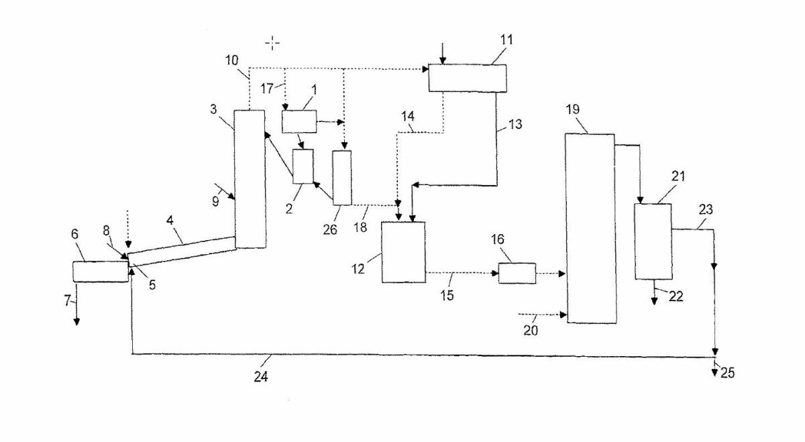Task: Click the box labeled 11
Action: [468, 77]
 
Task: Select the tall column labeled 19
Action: [590, 228]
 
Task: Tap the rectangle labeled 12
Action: [403, 252]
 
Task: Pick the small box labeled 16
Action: [517, 273]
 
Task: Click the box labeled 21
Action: [653, 241]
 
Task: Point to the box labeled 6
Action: [100, 272]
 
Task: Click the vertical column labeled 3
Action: [250, 178]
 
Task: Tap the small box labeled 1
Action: [299, 122]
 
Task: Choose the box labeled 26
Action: [342, 177]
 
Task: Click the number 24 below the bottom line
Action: [261, 378]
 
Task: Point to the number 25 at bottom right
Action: [727, 373]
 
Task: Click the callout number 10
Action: [231, 61]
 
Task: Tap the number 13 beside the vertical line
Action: [515, 125]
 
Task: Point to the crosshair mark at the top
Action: [272, 44]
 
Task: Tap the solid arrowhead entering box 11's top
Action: [442, 61]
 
